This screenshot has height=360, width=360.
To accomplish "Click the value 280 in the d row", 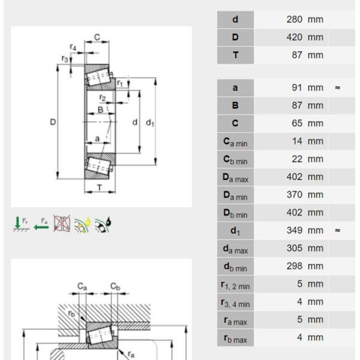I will point(295,19).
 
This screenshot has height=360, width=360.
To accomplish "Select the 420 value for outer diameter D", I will point(295,37).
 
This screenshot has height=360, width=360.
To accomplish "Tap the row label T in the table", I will point(235,55).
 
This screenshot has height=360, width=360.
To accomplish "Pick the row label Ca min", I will point(235,142).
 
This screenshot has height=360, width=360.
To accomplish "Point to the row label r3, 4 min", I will point(235,302).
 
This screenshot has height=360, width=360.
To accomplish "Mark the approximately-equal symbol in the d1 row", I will point(338,230).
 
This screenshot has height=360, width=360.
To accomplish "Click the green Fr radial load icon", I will point(21,224).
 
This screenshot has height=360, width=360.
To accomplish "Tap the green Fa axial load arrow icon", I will point(41,225).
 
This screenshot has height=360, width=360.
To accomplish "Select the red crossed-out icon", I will point(61,224).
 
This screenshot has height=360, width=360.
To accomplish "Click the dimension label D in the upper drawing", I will point(53,122).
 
